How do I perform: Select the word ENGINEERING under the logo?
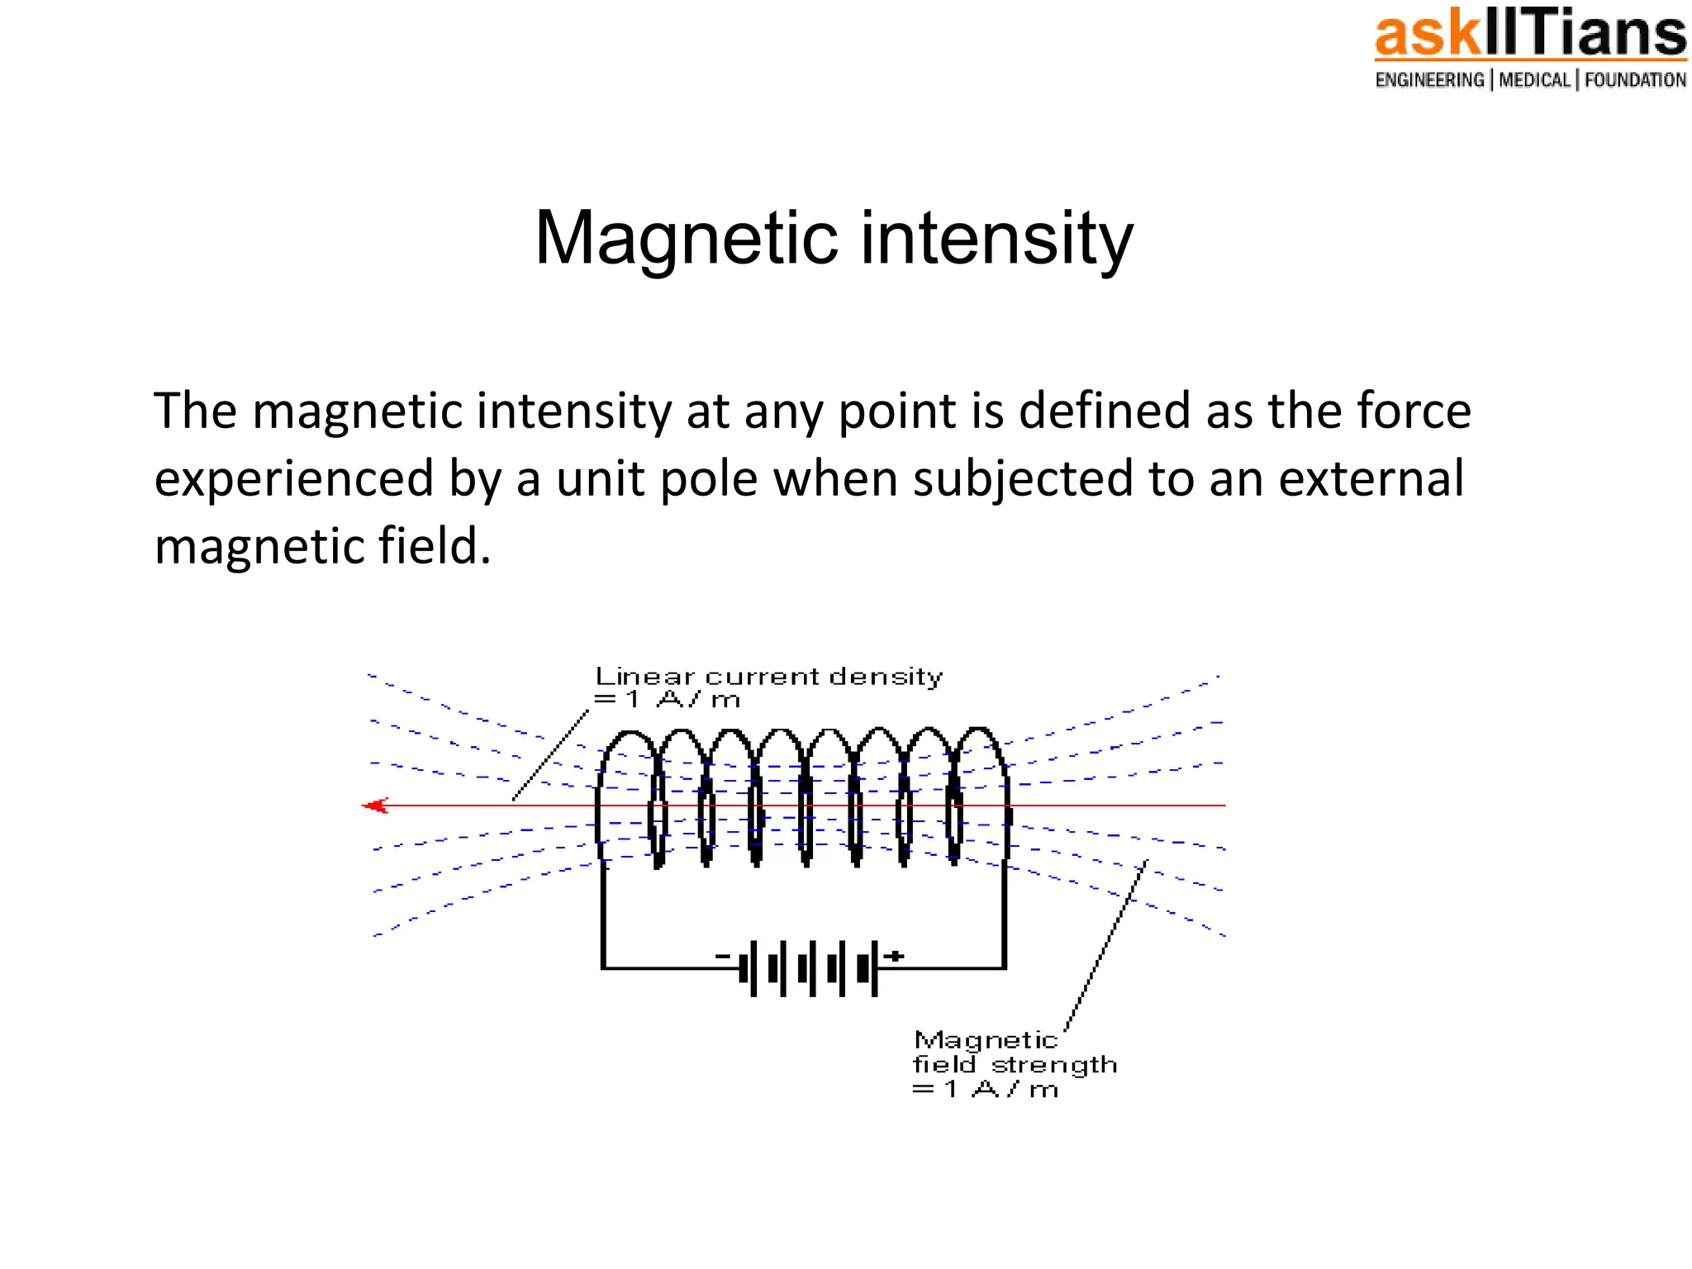coord(1429,80)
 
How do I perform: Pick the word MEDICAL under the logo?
coord(1534,80)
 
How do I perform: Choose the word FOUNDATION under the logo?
coord(1635,80)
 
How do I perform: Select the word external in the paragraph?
coord(1371,478)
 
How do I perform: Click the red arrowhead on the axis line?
coord(376,806)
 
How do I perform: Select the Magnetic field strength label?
coord(1014,1064)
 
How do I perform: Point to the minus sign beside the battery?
coord(723,957)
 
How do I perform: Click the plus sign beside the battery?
coord(894,957)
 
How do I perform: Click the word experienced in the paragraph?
coord(293,478)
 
